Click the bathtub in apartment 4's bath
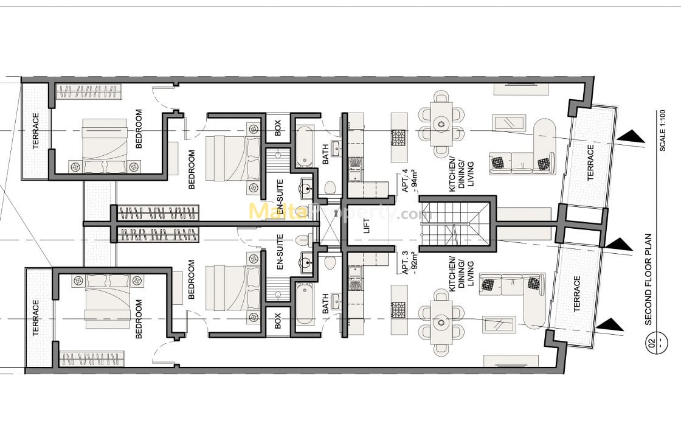click(304, 146)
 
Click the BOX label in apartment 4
click(278, 128)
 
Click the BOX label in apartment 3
click(278, 321)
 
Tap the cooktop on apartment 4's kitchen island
click(398, 138)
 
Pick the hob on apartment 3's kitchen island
click(398, 309)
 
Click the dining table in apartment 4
click(442, 124)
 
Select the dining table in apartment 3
click(442, 323)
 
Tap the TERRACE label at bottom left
click(36, 318)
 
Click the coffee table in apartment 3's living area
click(499, 324)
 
